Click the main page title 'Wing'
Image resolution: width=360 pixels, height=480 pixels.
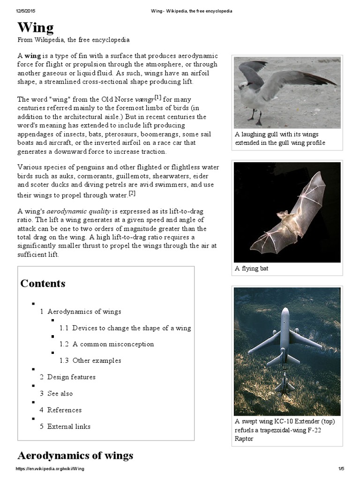(x=36, y=28)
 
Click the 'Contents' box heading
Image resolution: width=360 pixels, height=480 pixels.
(x=43, y=284)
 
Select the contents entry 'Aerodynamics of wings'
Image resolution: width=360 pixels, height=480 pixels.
(x=84, y=311)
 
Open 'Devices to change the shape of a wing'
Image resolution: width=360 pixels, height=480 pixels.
(x=131, y=328)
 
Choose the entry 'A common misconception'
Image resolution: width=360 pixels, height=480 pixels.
(x=113, y=344)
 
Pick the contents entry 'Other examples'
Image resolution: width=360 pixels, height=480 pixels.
(x=97, y=360)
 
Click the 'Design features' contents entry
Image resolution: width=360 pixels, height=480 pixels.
(x=71, y=377)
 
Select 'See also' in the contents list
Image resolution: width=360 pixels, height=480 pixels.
(x=60, y=393)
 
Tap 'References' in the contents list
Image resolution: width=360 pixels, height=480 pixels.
(x=64, y=410)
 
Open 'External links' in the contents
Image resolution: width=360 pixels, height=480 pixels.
(x=68, y=426)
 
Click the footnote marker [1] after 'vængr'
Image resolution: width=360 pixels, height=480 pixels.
(x=158, y=97)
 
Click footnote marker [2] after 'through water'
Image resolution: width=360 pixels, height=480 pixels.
(x=132, y=193)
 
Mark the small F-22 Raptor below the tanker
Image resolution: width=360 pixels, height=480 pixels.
(x=285, y=382)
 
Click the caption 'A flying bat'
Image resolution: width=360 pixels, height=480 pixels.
(x=252, y=269)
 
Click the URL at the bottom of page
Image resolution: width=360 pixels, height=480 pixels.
(x=50, y=469)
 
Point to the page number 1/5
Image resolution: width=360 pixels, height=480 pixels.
(x=341, y=469)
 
